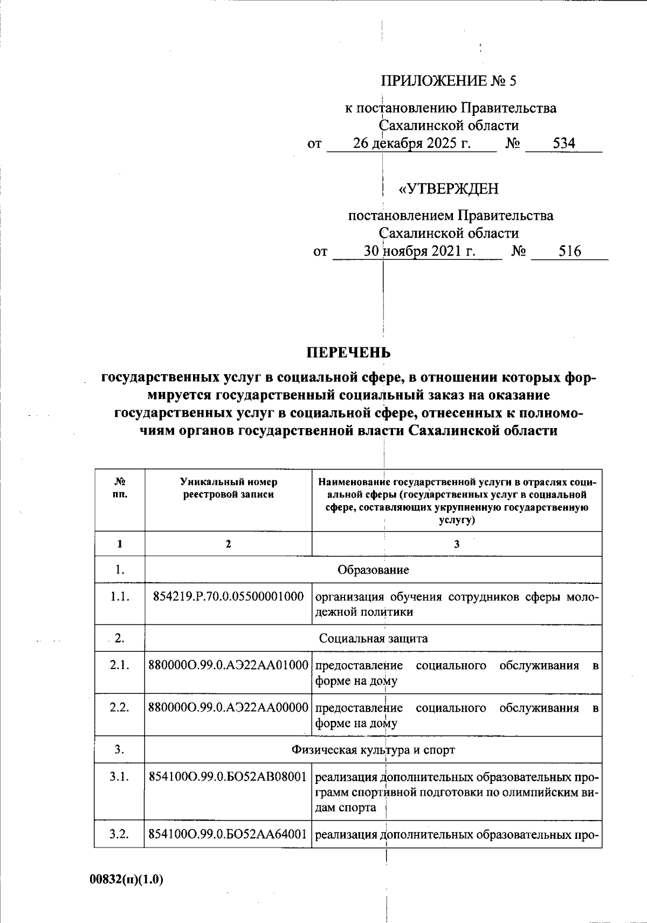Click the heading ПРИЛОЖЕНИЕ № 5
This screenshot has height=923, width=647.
448,81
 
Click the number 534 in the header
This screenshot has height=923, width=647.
563,143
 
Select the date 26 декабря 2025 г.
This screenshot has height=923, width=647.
411,143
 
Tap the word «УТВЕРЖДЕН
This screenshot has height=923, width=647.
448,189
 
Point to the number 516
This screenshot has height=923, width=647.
569,251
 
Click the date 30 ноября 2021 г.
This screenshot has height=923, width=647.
419,251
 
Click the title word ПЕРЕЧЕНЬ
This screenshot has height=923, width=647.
348,353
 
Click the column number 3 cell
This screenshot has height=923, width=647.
456,544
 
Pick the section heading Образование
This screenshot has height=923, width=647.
373,570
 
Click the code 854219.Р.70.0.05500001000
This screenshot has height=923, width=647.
228,597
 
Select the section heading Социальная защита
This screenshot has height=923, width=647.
373,638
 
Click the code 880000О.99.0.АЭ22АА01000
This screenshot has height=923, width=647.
228,665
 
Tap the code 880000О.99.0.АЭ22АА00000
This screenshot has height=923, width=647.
228,707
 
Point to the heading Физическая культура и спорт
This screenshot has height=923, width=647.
373,749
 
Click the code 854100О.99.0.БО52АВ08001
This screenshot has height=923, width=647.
228,777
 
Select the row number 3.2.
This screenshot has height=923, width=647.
119,835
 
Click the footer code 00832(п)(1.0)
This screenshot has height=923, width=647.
126,879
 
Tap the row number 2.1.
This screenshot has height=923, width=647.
119,665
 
